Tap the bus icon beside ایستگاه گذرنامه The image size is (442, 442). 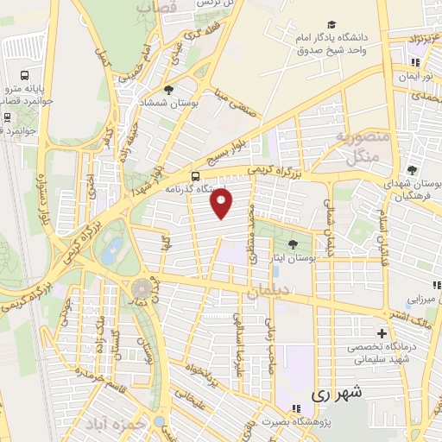coord(195,175)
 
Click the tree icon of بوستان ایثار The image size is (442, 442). coord(294,243)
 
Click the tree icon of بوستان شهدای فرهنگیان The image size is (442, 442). coord(412,170)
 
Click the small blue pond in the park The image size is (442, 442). coord(111,251)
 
